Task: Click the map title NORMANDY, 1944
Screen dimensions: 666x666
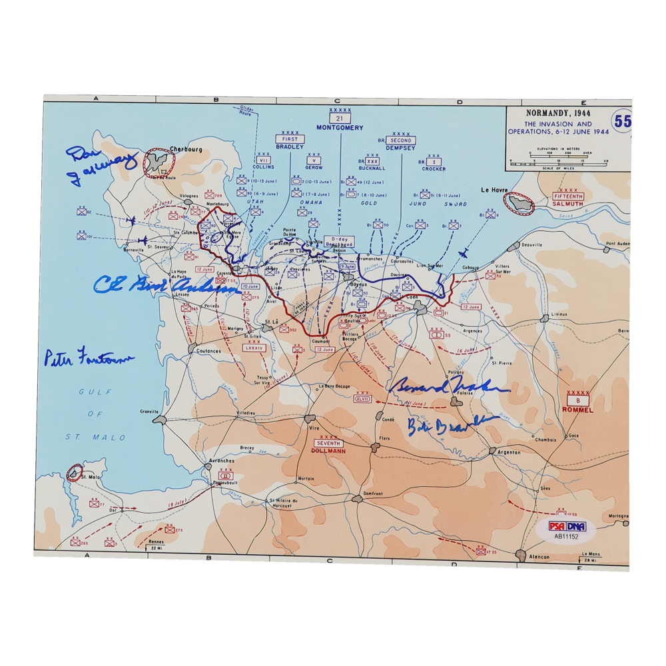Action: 557,113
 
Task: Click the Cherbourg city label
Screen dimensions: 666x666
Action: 186,149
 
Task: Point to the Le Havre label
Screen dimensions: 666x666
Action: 494,190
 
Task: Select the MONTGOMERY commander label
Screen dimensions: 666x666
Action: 340,127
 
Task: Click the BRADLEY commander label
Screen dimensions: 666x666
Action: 290,147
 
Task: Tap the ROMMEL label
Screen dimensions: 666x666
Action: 578,410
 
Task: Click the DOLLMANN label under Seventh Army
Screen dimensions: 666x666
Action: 327,451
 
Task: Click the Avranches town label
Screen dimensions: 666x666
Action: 221,460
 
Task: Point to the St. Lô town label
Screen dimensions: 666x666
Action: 270,321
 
